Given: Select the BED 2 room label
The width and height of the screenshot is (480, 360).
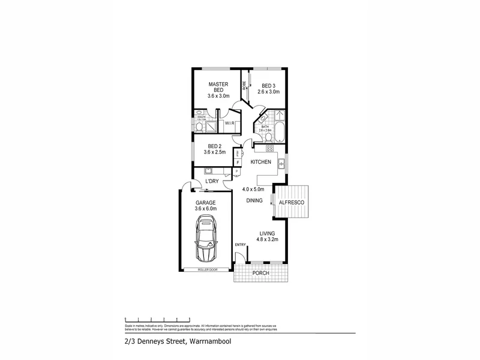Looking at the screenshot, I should (x=215, y=146).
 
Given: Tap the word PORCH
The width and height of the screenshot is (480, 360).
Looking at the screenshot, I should (x=260, y=274).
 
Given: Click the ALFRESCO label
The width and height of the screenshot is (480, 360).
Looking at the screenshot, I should (x=292, y=203).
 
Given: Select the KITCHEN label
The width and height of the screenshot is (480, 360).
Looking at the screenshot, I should (x=261, y=163).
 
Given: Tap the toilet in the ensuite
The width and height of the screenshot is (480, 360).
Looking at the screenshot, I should (x=199, y=127).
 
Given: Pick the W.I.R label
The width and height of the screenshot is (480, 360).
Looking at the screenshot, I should (x=229, y=124).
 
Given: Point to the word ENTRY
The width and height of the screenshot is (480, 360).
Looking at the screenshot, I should (x=240, y=244).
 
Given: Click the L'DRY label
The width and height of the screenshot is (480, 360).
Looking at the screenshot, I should (x=211, y=181).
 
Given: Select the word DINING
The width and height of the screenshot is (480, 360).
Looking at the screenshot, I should (x=254, y=200).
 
